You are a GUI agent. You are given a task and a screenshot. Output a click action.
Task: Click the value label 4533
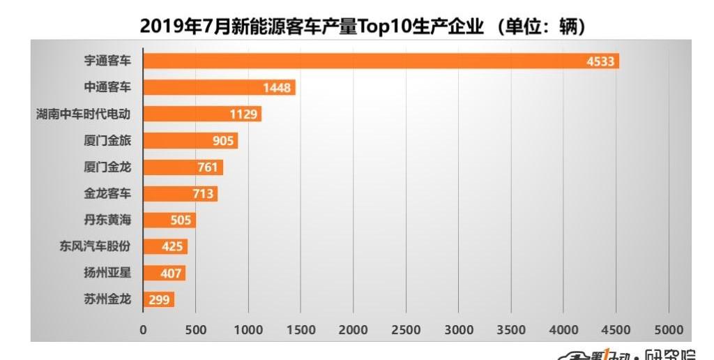pyautogui.click(x=600, y=61)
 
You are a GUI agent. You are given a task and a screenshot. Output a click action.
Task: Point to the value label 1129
pyautogui.click(x=244, y=114)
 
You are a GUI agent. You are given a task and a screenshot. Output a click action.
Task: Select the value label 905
pyautogui.click(x=224, y=141)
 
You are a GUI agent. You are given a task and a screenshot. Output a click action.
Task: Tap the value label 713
pyautogui.click(x=203, y=194)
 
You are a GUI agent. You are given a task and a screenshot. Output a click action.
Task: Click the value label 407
pyautogui.click(x=171, y=273)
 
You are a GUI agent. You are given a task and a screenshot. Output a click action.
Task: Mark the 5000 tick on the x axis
pyautogui.click(x=669, y=329)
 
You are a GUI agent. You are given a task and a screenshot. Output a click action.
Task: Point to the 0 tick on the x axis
pyautogui.click(x=143, y=329)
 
